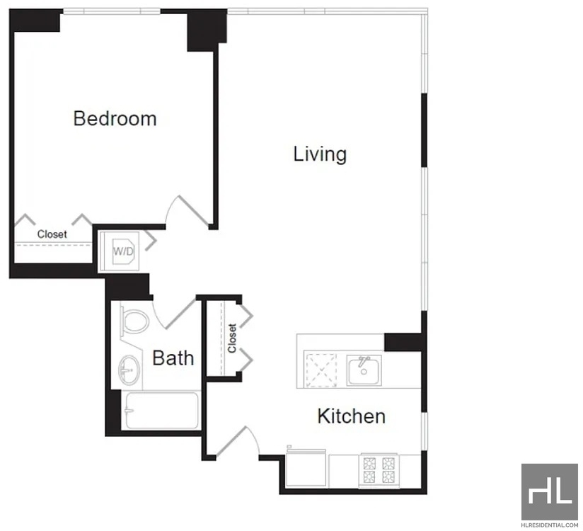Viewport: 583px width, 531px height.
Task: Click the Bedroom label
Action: click(115, 118)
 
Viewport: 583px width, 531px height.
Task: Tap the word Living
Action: click(320, 154)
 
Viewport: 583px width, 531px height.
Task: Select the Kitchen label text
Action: click(352, 416)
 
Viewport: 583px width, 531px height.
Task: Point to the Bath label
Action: click(173, 358)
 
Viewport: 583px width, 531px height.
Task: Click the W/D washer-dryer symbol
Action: click(123, 251)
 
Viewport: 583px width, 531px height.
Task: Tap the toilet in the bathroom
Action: click(134, 320)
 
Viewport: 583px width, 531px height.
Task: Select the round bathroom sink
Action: click(129, 370)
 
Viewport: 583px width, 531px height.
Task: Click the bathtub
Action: click(161, 411)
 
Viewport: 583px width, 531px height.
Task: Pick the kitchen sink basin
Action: click(364, 370)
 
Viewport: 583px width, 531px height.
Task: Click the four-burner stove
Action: click(379, 470)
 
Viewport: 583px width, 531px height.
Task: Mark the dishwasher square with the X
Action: click(320, 370)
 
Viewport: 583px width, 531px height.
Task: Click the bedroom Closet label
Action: click(52, 234)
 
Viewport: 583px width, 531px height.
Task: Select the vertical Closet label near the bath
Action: click(232, 338)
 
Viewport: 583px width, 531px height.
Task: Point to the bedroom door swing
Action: click(187, 211)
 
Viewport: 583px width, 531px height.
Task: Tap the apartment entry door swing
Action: click(238, 441)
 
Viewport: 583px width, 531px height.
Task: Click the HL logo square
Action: click(550, 491)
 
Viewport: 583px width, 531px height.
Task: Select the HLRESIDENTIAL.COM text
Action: click(550, 525)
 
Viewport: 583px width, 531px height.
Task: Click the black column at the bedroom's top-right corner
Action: click(207, 30)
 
